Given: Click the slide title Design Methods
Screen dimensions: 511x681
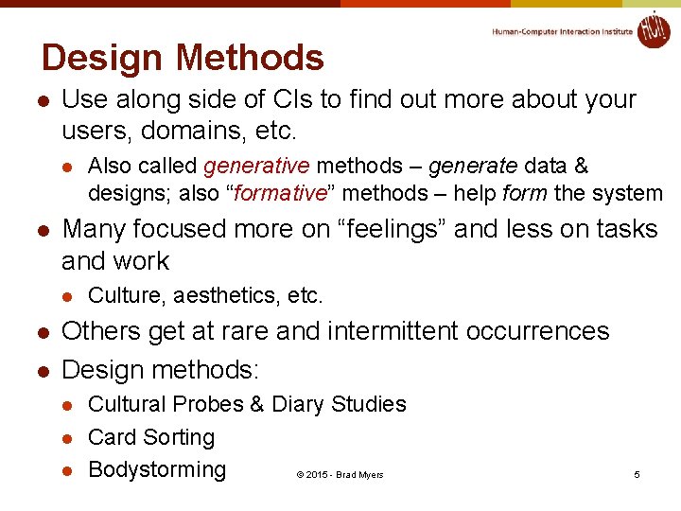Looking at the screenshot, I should click(183, 59).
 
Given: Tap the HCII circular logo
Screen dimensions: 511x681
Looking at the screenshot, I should click(653, 29).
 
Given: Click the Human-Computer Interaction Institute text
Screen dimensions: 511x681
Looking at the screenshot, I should click(562, 31).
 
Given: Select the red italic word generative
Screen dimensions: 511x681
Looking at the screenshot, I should click(256, 167).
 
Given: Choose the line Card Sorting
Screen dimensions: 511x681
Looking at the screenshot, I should click(151, 437).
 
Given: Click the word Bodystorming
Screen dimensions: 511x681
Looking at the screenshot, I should click(157, 469).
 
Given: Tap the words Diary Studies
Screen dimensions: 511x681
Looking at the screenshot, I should click(339, 404).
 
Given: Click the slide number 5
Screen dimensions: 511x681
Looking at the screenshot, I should click(637, 474).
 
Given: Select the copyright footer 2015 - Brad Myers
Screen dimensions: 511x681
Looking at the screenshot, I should click(340, 474).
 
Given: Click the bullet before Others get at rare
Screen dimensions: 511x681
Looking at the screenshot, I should click(42, 332).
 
